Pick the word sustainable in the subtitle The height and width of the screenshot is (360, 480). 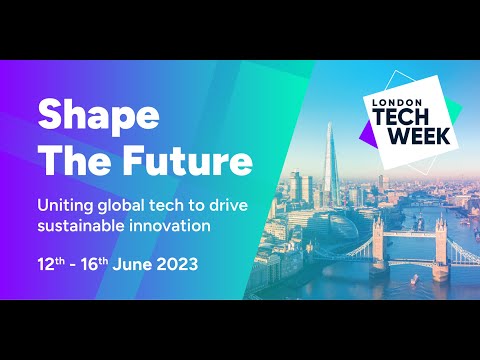coord(81,226)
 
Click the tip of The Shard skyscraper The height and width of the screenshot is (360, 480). coord(328,125)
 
